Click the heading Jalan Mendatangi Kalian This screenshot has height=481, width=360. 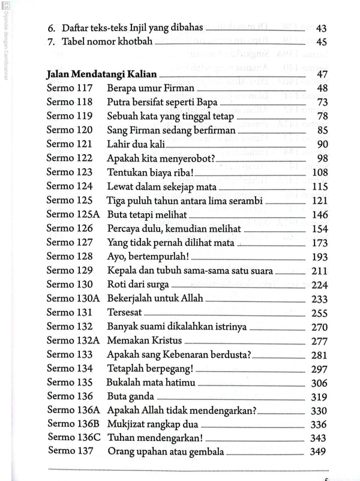(x=101, y=75)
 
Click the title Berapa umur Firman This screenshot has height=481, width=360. (x=151, y=89)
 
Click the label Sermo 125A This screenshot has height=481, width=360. (x=73, y=214)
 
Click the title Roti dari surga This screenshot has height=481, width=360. (x=137, y=285)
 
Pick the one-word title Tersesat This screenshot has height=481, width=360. (x=125, y=312)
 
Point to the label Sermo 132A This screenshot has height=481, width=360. (x=73, y=340)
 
